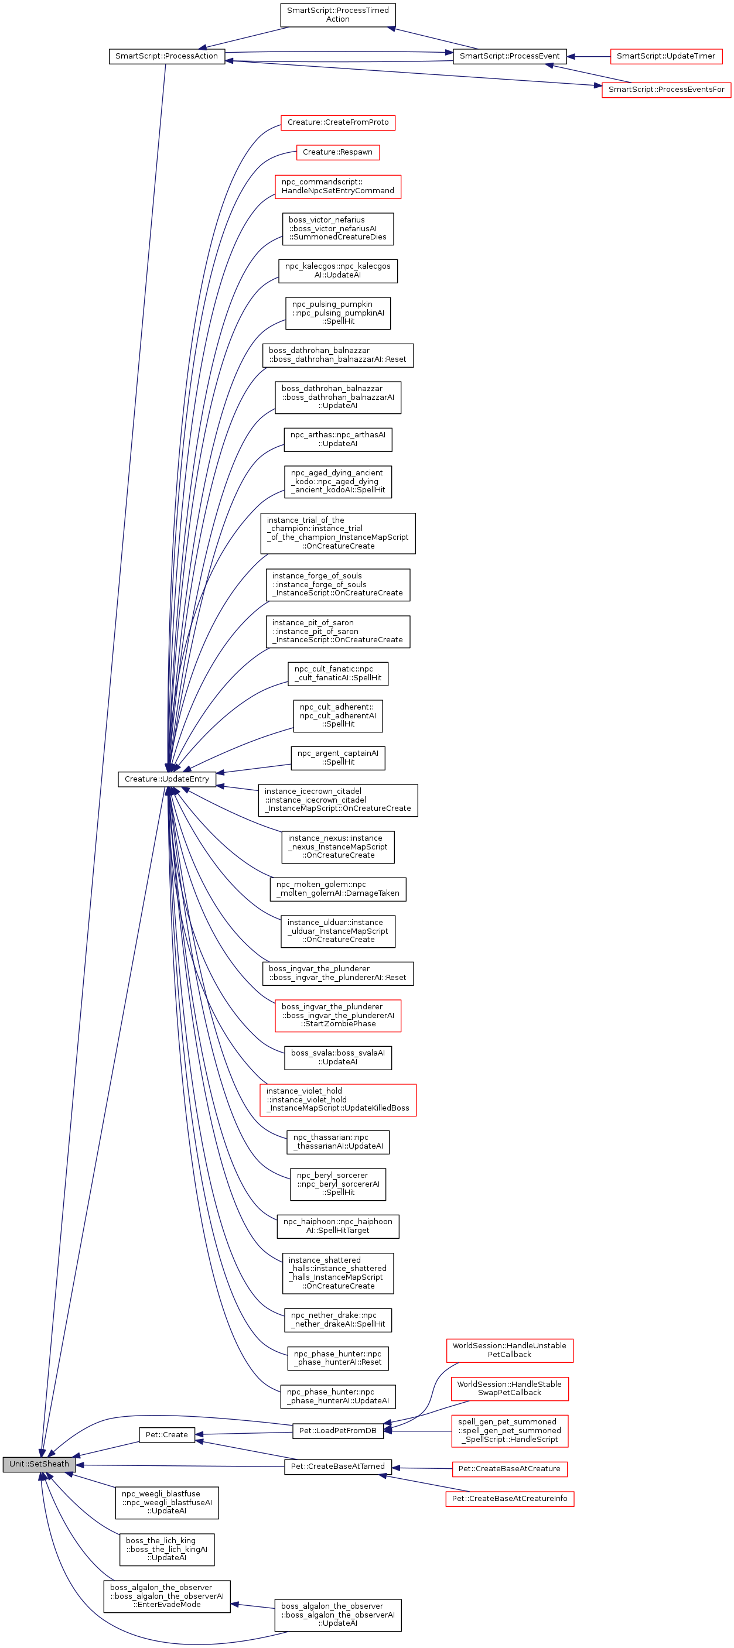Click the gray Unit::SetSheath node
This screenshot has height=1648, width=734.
pos(39,1464)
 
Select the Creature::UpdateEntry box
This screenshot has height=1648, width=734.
pos(166,779)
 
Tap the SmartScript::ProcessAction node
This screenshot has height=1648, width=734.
pos(166,56)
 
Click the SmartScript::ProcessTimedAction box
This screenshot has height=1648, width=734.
pos(338,15)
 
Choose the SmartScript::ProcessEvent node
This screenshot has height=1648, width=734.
pos(510,56)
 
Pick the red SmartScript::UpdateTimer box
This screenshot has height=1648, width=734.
pos(665,56)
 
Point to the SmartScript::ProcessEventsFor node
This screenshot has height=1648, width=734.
pos(665,90)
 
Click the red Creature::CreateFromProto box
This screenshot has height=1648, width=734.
pos(338,122)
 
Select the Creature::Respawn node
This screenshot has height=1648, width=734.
pos(338,152)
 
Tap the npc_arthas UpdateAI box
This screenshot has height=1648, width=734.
pos(338,439)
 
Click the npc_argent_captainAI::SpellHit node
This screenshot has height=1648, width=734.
pos(338,758)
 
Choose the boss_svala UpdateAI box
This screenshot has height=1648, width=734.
pos(338,1057)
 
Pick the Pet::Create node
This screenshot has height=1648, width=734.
pos(166,1434)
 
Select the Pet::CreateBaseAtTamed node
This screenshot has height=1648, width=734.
pos(338,1467)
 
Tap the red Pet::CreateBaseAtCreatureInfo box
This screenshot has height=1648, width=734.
pos(510,1498)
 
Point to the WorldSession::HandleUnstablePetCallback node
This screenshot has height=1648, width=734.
pos(510,1350)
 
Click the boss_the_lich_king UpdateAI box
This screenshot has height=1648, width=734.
pos(166,1549)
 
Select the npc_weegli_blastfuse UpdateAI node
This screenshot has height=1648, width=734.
pos(166,1502)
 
